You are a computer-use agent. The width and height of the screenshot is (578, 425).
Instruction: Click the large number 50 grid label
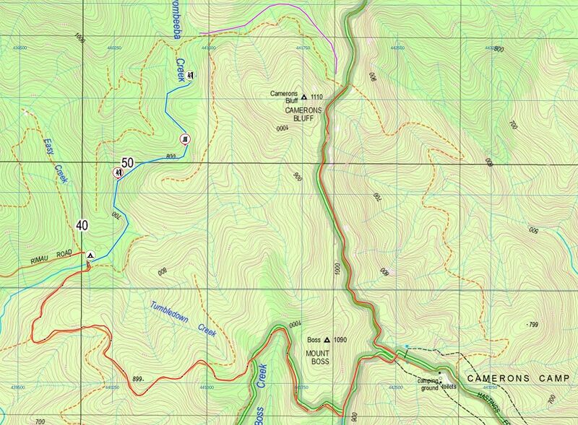127,163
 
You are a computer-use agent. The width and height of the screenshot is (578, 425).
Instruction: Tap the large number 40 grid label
82,225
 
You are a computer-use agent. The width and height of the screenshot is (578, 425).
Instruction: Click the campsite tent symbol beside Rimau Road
90,255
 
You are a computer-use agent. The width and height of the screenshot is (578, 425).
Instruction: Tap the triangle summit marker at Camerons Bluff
304,96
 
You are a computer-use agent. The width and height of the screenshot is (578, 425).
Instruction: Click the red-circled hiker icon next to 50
116,172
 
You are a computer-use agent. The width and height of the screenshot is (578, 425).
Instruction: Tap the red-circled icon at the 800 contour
186,139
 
